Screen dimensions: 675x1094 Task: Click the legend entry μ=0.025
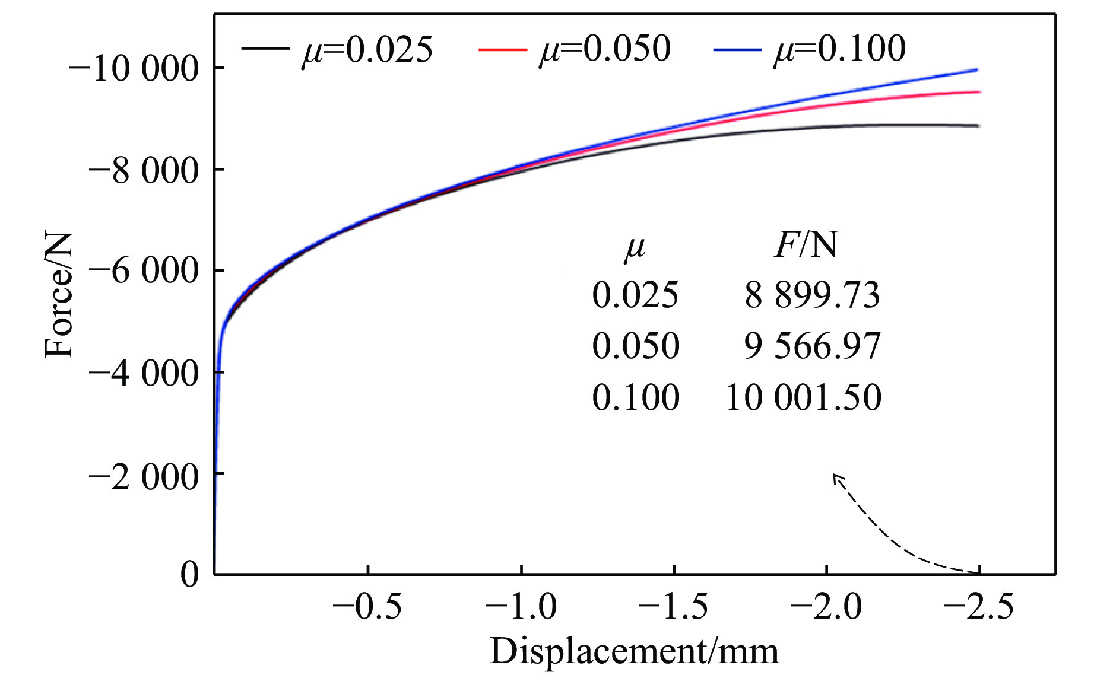337,49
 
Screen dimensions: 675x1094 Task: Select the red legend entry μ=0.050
575,49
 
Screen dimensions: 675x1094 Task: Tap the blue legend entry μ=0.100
810,49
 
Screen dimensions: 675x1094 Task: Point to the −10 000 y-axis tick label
134,69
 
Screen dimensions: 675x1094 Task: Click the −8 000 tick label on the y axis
143,171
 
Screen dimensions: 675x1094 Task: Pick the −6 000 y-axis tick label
143,272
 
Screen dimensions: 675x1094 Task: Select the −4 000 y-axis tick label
143,374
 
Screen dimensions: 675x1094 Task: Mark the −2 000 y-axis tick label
143,476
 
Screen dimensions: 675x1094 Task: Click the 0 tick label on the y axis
190,574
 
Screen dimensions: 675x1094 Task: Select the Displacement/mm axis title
634,651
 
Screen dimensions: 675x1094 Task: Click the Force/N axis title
59,295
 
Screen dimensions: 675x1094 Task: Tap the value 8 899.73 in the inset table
812,295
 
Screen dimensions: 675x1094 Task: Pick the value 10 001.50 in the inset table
803,397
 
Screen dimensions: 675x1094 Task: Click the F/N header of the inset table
806,244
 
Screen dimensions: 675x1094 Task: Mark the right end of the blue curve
976,70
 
